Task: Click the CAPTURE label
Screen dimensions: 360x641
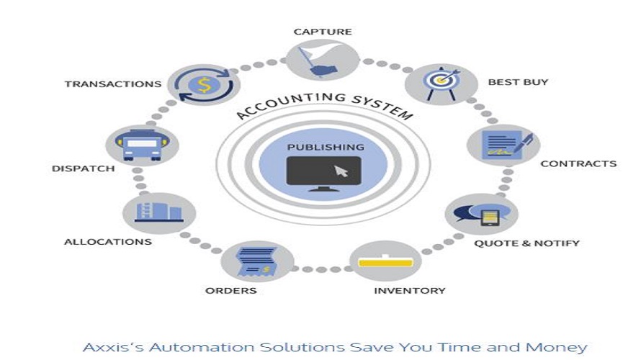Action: click(x=323, y=32)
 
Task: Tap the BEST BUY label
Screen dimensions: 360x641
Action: click(x=518, y=82)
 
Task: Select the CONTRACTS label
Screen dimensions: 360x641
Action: click(x=578, y=163)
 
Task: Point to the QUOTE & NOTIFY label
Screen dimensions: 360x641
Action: click(x=526, y=243)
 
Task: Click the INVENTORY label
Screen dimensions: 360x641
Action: click(x=409, y=291)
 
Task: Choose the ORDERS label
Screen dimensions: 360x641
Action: click(x=231, y=291)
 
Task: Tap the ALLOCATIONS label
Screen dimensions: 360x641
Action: click(x=108, y=242)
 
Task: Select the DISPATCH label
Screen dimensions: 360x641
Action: click(x=84, y=169)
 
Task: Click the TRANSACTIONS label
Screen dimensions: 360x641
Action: click(x=113, y=84)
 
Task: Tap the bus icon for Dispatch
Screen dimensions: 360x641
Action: click(x=142, y=146)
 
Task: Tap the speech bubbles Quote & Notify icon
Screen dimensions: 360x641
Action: click(x=478, y=215)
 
